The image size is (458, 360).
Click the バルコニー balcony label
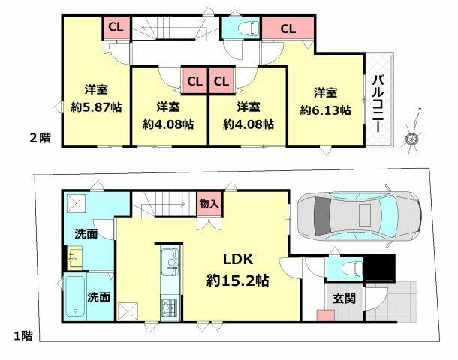378,103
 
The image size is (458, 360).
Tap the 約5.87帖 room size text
96,108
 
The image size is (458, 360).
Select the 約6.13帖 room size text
325,110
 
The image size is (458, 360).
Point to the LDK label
238,259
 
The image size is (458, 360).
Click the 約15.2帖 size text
238,280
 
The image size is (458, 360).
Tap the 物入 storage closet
209,204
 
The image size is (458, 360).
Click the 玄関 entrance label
345,298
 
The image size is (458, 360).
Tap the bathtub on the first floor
75,296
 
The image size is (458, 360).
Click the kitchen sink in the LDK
170,262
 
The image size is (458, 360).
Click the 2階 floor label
41,138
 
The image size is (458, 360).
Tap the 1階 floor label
24,335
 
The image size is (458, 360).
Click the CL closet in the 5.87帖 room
116,28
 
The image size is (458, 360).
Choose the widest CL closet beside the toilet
288,28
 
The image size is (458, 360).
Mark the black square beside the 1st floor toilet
380,268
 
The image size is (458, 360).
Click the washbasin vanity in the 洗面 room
75,258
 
